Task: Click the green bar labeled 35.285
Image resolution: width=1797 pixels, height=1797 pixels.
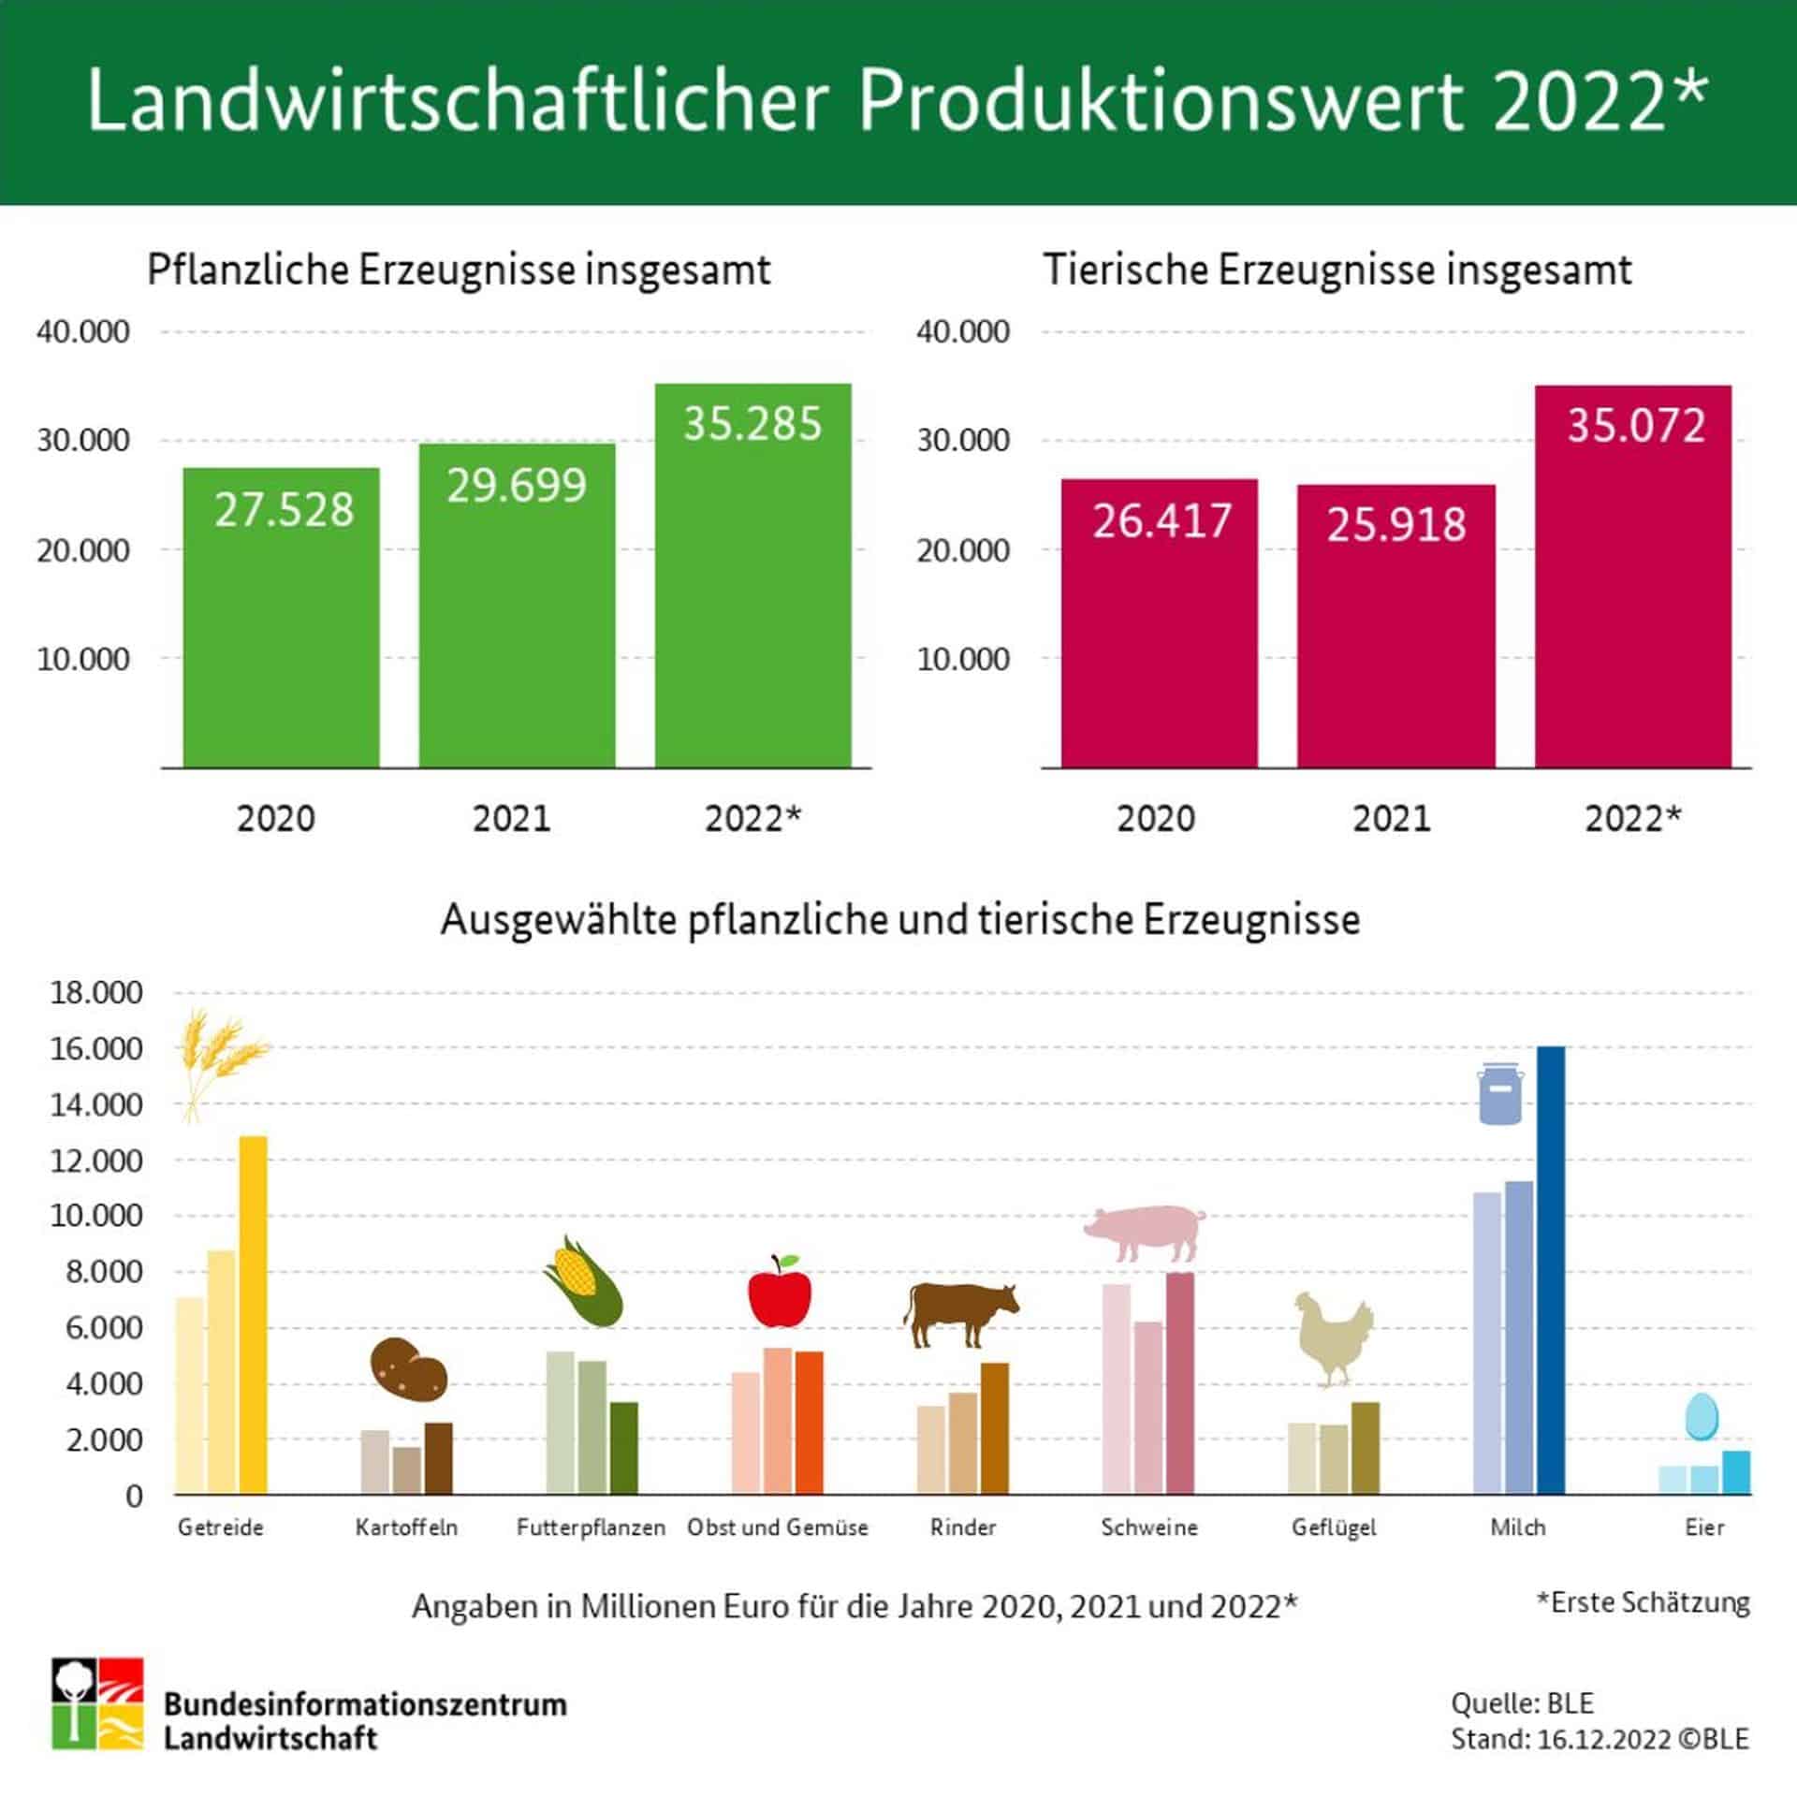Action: [x=752, y=576]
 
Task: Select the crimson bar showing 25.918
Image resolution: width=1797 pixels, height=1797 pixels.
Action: [x=1395, y=626]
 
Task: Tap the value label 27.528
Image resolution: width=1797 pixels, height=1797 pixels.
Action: [x=285, y=510]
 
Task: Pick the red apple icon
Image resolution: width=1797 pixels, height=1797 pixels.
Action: [x=779, y=1292]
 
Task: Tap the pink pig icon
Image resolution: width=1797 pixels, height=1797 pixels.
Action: [x=1145, y=1232]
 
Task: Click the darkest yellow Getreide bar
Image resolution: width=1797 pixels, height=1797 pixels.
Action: [x=253, y=1314]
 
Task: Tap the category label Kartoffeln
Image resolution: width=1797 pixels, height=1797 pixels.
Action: [x=406, y=1527]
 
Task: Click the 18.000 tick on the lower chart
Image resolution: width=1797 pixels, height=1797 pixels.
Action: [x=96, y=992]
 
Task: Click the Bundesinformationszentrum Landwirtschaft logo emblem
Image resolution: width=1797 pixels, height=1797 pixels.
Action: [x=97, y=1703]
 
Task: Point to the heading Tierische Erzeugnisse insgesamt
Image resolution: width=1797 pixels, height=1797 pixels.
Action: [x=1337, y=270]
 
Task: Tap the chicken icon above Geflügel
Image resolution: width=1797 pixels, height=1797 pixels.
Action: [x=1334, y=1338]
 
